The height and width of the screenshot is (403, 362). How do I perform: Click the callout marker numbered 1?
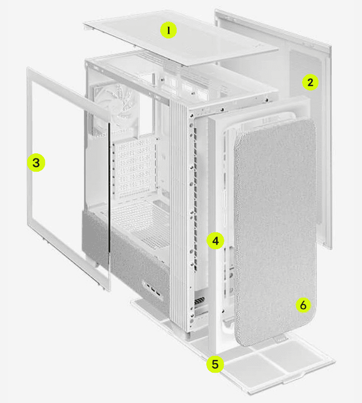168,30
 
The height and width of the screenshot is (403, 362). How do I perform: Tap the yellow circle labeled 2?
310,82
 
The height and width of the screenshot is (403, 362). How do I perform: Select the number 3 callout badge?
36,163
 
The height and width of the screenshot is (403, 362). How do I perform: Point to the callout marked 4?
216,241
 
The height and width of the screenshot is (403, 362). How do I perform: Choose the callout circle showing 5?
215,364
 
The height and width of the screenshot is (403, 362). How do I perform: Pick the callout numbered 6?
303,305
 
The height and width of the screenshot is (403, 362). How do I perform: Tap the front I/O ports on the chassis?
153,290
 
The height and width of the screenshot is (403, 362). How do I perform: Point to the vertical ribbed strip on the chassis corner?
179,213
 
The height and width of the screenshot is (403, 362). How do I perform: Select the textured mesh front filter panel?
275,231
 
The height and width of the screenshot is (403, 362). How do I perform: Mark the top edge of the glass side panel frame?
69,90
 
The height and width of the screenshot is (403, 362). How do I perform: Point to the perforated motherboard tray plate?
134,167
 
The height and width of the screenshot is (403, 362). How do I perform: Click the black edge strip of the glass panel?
109,188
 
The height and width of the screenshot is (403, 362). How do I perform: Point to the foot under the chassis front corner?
187,335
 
